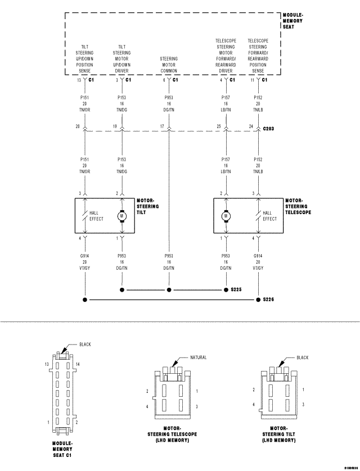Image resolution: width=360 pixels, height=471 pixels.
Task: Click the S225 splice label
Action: click(236, 290)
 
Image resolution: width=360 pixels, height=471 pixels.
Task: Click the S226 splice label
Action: click(269, 300)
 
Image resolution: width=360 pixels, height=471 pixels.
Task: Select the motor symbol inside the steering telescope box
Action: click(226, 216)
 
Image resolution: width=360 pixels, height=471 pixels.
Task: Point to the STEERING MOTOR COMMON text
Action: click(169, 65)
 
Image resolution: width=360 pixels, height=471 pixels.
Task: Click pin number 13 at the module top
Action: click(79, 80)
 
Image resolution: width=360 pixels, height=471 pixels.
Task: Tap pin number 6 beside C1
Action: click(164, 80)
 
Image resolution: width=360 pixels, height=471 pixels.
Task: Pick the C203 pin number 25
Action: click(218, 127)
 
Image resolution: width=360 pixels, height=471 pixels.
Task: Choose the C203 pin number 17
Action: click(162, 127)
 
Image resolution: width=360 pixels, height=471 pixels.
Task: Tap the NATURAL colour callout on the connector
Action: click(198, 357)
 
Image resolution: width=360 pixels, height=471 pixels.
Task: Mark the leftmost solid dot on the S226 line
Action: click(85, 300)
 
